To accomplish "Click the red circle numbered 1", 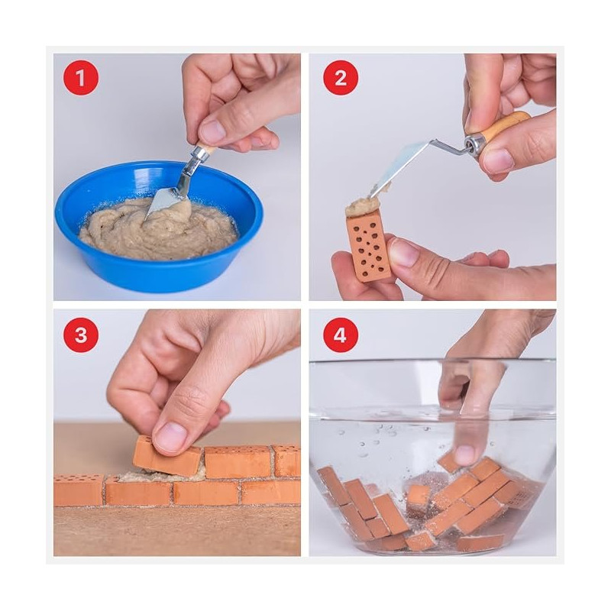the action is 81,78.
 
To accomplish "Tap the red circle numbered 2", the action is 341,78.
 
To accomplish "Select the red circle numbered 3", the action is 81,335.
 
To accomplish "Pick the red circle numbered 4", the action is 341,335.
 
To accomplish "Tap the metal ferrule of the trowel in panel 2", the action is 474,144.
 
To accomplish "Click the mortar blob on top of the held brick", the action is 362,205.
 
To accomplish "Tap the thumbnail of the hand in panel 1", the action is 212,131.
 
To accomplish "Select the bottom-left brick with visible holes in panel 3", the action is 79,490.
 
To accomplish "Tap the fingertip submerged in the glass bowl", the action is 467,453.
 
